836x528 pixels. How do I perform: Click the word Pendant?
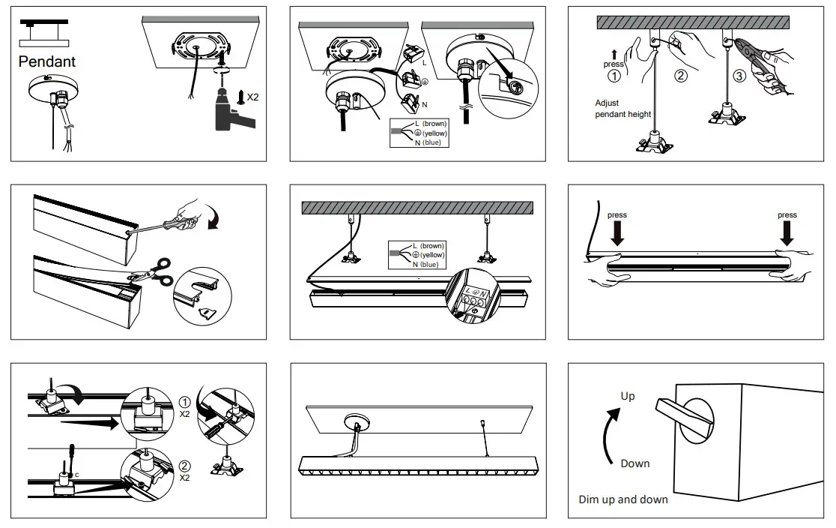47,61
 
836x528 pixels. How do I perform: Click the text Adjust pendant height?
623,109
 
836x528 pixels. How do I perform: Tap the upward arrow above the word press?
614,53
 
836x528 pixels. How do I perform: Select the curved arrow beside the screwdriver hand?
217,223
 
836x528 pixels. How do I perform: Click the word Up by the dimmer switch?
628,395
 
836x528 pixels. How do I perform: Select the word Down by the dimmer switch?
634,463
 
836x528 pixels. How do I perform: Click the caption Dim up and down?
623,499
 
